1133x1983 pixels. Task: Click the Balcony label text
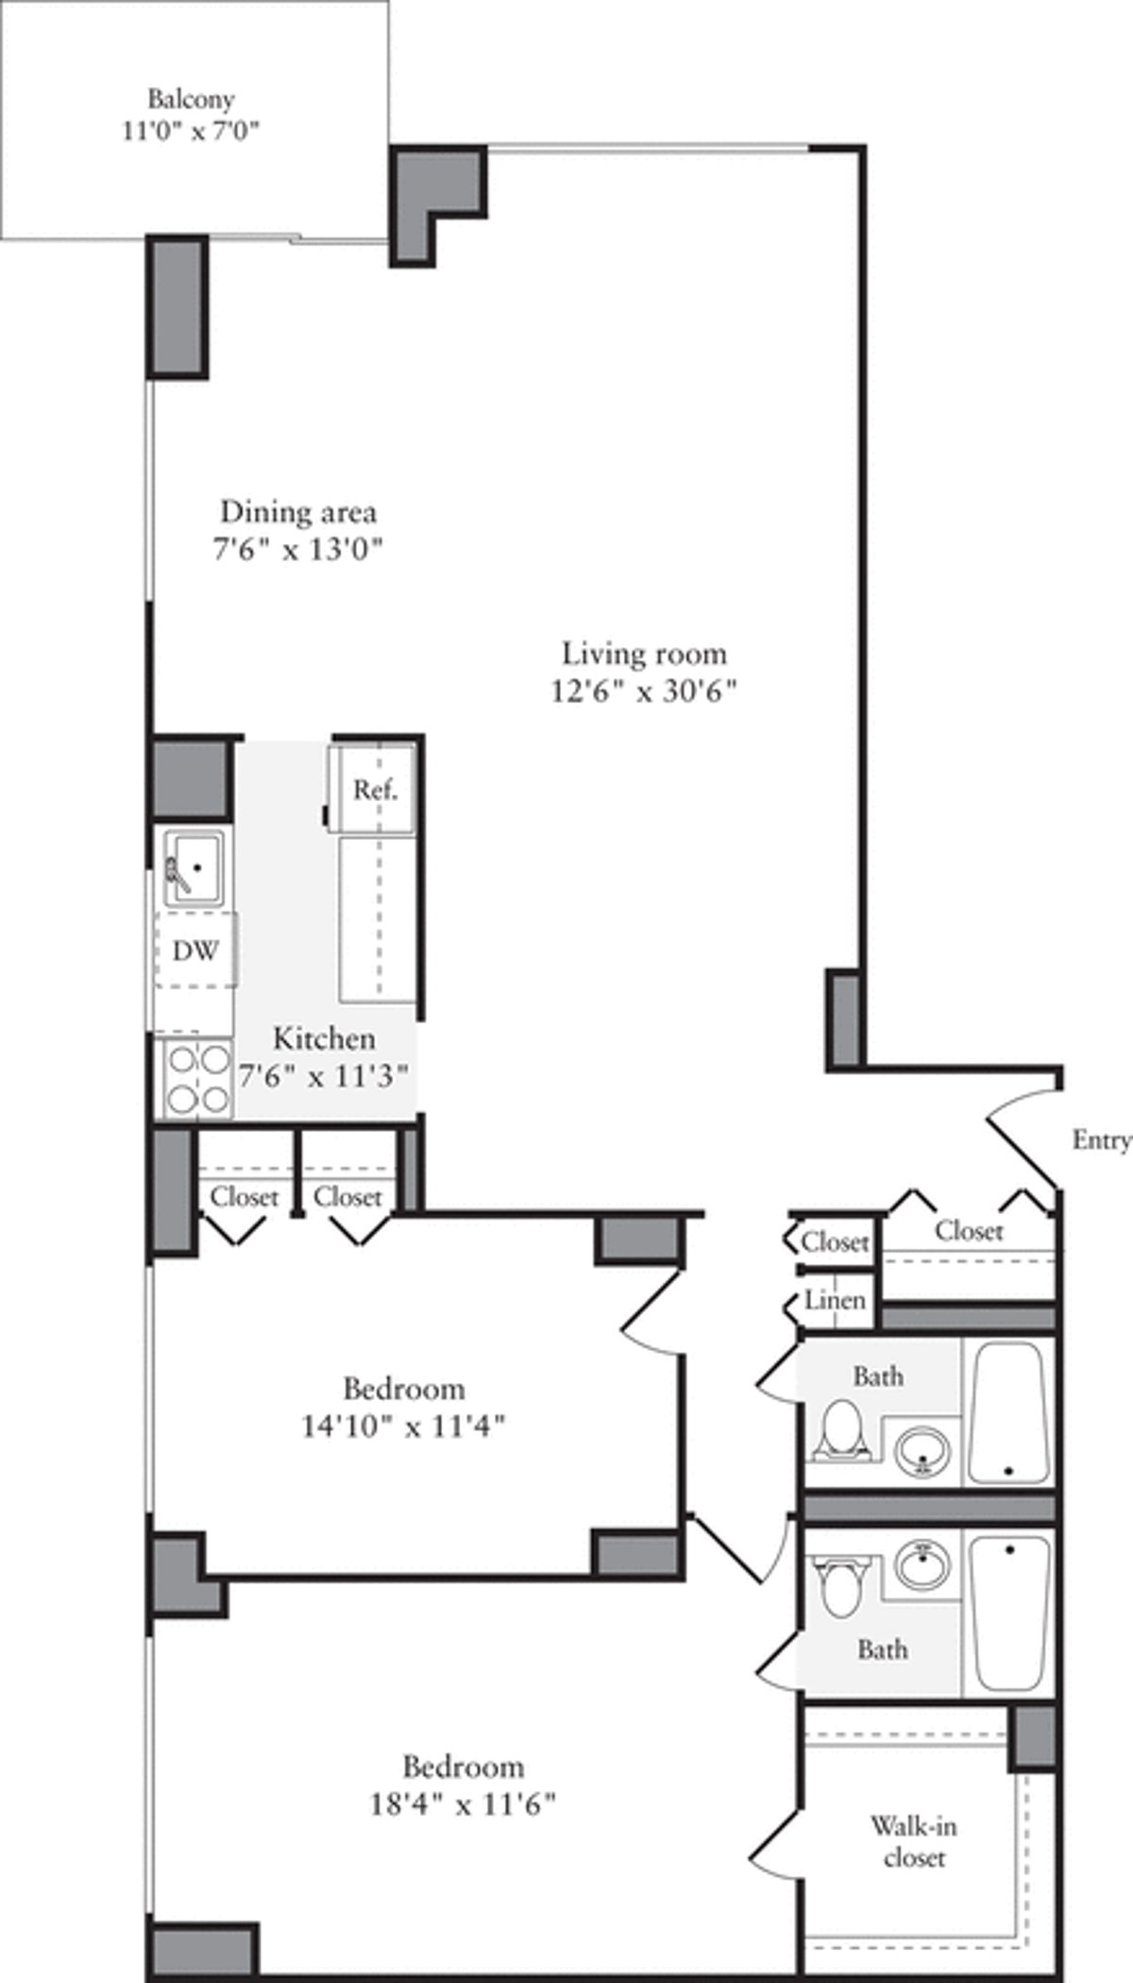(191, 98)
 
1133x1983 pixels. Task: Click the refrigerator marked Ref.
(374, 789)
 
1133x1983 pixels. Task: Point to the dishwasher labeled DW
(195, 949)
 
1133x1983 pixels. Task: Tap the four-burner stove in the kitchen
(197, 1078)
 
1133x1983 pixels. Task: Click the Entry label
(1101, 1140)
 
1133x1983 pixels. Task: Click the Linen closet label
(835, 1300)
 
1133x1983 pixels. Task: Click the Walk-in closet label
(913, 1842)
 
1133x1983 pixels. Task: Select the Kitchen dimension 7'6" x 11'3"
(324, 1076)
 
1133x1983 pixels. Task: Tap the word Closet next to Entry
(969, 1230)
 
